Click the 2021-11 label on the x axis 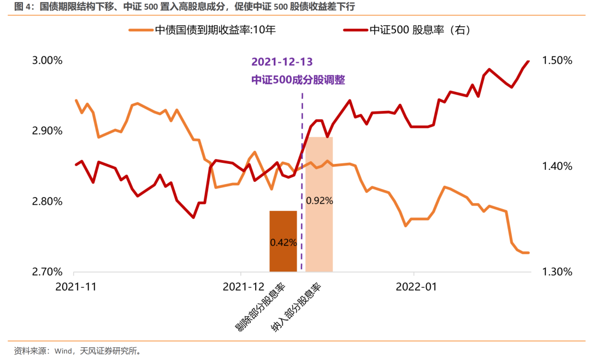tap(76, 286)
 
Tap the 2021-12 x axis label tap(243, 286)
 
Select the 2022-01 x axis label tap(415, 286)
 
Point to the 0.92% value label tap(319, 200)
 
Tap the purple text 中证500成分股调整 tap(298, 80)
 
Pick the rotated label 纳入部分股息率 tap(296, 308)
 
